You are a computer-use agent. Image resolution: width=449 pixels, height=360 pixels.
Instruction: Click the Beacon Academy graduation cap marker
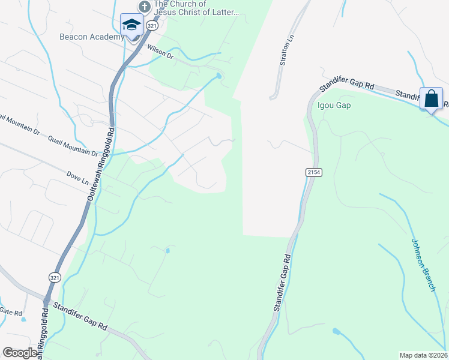[x=131, y=25]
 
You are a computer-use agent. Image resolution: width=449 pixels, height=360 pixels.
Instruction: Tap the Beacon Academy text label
[x=92, y=37]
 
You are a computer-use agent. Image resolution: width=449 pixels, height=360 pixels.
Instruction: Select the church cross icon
[x=143, y=7]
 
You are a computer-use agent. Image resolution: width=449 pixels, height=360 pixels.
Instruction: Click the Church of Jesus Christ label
[x=196, y=8]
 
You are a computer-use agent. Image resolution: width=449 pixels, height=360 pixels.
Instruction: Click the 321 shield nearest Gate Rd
[x=53, y=277]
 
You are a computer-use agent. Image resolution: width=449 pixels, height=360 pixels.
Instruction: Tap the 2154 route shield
[x=314, y=172]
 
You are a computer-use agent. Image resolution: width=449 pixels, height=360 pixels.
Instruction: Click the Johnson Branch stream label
[x=423, y=265]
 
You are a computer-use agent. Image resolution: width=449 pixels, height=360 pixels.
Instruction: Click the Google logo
[x=20, y=353]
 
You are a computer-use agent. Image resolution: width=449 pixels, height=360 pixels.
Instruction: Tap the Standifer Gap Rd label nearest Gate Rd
[x=80, y=316]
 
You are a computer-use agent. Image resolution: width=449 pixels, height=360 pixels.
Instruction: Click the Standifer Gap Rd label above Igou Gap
[x=345, y=85]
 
